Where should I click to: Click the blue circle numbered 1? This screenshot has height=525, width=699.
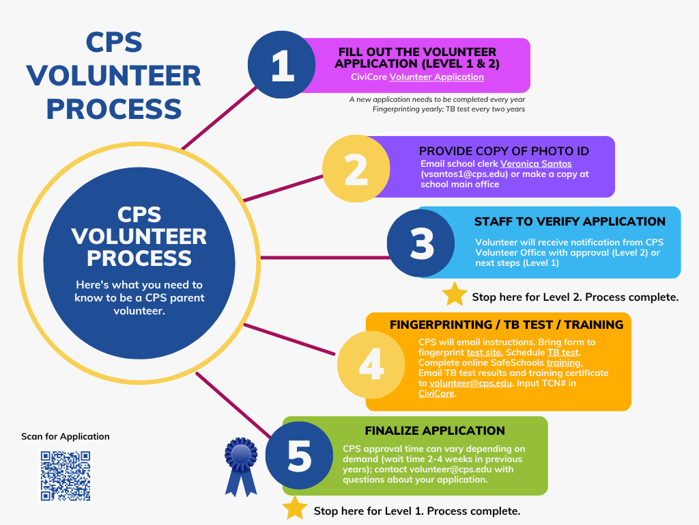point(282,65)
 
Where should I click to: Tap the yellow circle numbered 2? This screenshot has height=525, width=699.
point(356,168)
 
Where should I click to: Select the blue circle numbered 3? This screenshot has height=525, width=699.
point(420,243)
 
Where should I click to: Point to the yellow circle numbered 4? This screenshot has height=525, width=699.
point(371,364)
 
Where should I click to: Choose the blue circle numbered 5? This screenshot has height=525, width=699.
point(299,455)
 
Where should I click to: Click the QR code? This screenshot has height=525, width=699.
point(66,476)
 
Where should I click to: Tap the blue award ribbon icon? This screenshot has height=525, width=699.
point(241,467)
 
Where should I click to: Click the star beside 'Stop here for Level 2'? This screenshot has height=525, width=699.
point(455,294)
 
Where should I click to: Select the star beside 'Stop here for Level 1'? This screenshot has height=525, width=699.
point(295,508)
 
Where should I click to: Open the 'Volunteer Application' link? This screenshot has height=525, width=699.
point(436,77)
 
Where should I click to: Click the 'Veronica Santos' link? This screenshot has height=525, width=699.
point(536,164)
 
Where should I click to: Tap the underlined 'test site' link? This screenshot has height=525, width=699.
point(485,353)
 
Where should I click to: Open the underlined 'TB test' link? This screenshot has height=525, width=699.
point(563,353)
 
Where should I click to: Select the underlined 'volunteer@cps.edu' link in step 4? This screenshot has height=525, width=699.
point(470,383)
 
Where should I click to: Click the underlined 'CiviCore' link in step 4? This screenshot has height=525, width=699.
point(436,394)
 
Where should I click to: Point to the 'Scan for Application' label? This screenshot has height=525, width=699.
point(65,437)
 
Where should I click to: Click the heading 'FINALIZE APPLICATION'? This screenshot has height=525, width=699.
point(435,431)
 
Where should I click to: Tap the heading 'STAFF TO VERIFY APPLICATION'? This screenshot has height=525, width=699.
point(570,221)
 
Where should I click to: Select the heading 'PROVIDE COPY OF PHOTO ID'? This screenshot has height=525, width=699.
point(504,151)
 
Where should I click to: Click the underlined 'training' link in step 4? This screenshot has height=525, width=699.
point(565,363)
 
